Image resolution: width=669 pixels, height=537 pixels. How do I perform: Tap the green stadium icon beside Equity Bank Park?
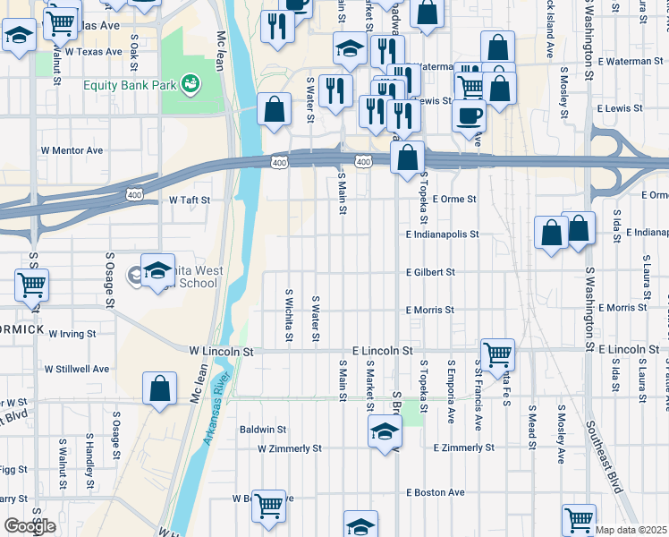click(x=190, y=85)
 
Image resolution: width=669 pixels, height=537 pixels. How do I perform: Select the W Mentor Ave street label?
click(x=72, y=150)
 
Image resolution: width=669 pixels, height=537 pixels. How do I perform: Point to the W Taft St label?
click(x=189, y=200)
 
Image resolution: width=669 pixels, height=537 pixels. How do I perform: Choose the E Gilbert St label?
click(x=430, y=272)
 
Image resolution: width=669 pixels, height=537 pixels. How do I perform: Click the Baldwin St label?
click(x=262, y=430)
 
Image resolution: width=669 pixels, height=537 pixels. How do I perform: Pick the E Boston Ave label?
click(x=436, y=492)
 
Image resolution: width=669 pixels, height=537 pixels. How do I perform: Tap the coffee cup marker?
click(x=470, y=115)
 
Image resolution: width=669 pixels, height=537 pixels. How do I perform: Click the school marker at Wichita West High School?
click(x=157, y=269)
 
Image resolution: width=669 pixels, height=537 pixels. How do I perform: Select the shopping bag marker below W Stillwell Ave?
click(x=159, y=389)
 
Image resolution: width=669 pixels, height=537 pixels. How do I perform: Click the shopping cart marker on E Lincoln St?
click(x=496, y=354)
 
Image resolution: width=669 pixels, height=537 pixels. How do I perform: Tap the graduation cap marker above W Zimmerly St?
click(x=385, y=432)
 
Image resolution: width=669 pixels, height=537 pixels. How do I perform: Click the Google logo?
click(x=30, y=526)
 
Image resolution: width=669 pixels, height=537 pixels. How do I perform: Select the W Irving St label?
click(x=72, y=333)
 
